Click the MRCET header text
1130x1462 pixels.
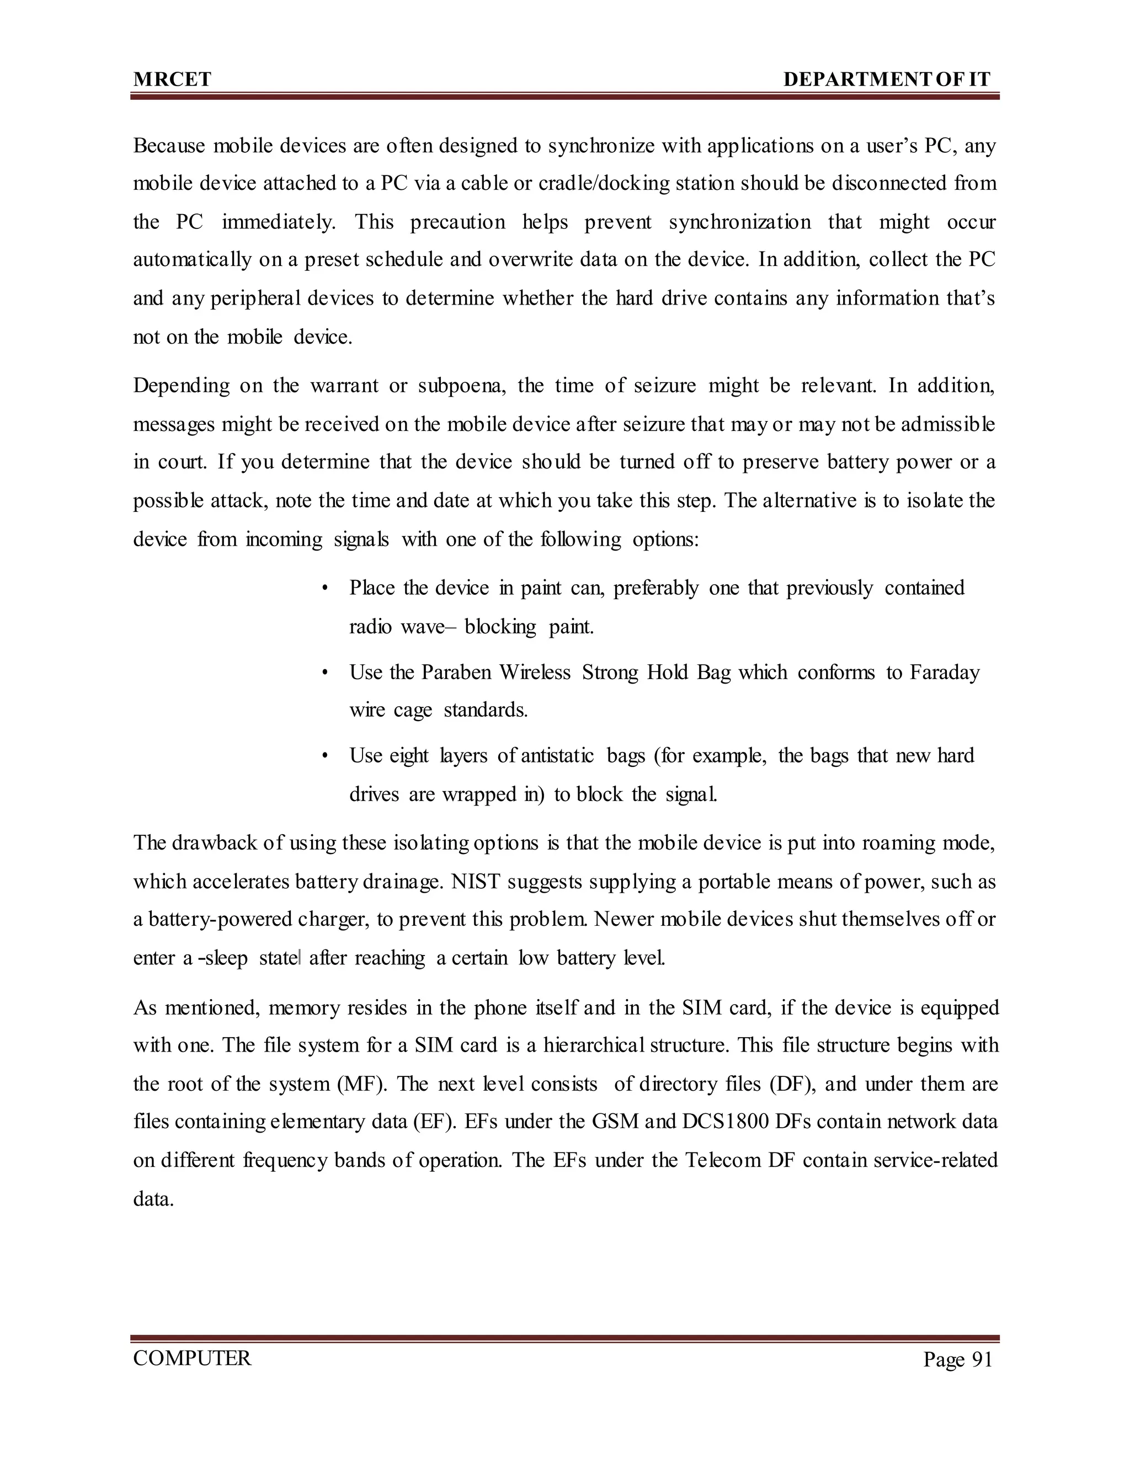[x=172, y=79]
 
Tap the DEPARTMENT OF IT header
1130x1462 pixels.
[x=886, y=79]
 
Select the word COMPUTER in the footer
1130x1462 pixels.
[x=192, y=1358]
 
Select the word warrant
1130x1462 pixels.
[x=344, y=386]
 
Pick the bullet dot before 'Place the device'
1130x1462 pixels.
[x=324, y=589]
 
